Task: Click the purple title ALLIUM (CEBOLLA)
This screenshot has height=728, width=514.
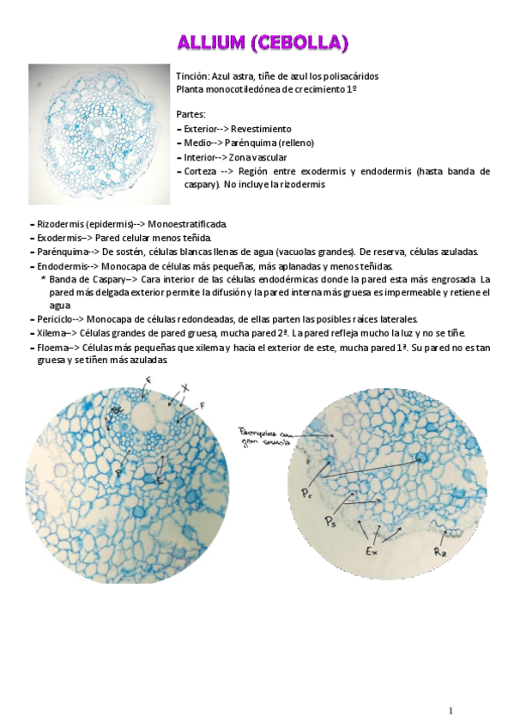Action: pos(263,42)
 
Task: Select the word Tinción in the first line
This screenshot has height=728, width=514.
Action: pos(191,76)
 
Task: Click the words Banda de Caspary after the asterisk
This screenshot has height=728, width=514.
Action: pos(87,279)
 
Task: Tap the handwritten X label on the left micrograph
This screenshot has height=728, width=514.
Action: pos(185,387)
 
